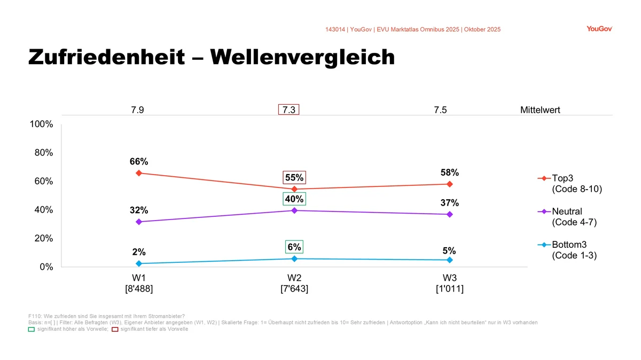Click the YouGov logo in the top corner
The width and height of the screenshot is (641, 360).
(x=599, y=29)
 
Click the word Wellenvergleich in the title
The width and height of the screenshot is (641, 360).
(x=303, y=58)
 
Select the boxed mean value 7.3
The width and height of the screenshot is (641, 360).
(x=289, y=110)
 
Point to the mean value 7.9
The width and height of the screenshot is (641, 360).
(x=137, y=111)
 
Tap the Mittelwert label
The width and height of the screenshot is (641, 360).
(x=540, y=111)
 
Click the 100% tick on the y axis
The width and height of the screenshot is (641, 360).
(x=42, y=124)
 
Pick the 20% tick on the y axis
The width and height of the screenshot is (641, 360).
(x=44, y=238)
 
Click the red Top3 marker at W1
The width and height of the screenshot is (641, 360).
(x=139, y=173)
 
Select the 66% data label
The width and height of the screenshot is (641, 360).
(x=139, y=161)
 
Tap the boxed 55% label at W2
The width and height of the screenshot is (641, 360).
(x=294, y=177)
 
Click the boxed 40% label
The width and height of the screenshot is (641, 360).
(x=294, y=199)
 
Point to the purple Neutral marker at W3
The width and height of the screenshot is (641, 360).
(x=450, y=214)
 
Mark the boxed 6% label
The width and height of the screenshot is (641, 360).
(x=294, y=247)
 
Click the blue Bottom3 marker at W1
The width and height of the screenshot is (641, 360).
(x=139, y=263)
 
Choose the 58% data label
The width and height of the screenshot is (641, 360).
(x=450, y=173)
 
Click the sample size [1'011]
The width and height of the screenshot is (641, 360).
(x=450, y=289)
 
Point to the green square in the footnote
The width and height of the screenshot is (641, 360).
(x=31, y=329)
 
